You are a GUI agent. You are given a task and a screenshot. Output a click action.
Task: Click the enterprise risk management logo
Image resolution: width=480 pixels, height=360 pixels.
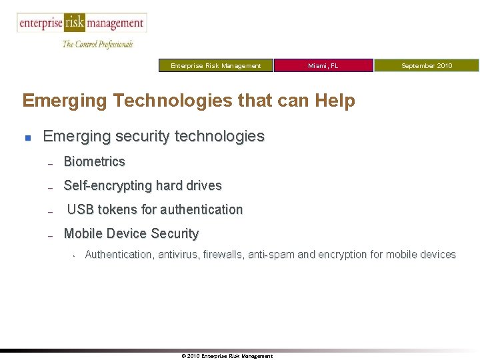pyautogui.click(x=81, y=23)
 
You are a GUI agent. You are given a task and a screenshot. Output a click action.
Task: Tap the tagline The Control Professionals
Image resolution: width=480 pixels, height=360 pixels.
pyautogui.click(x=97, y=45)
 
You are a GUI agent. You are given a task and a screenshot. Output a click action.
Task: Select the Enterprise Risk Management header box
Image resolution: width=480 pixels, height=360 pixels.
pyautogui.click(x=216, y=65)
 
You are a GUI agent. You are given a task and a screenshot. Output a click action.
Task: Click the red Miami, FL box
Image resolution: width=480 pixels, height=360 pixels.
pyautogui.click(x=323, y=65)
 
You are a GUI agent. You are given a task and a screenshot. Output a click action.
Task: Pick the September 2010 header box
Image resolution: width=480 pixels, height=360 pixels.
pyautogui.click(x=426, y=65)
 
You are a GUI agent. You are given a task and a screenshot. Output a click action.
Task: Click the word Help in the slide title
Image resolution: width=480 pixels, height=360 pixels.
pyautogui.click(x=336, y=101)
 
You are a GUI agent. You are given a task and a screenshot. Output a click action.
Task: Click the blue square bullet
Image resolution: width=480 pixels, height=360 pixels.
pyautogui.click(x=27, y=138)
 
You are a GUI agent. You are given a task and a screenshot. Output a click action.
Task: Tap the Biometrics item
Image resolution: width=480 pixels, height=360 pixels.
pyautogui.click(x=94, y=161)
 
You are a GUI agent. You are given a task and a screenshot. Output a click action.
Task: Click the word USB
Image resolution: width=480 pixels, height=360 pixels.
pyautogui.click(x=81, y=209)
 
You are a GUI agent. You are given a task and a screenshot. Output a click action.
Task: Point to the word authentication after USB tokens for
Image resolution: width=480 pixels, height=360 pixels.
pyautogui.click(x=197, y=209)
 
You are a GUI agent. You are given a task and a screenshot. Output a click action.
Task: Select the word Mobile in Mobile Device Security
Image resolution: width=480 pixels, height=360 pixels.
pyautogui.click(x=82, y=233)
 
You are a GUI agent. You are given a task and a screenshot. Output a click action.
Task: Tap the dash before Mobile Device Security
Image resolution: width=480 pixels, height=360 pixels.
pyautogui.click(x=50, y=235)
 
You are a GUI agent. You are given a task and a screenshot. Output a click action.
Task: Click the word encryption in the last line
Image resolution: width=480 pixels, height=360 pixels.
pyautogui.click(x=342, y=254)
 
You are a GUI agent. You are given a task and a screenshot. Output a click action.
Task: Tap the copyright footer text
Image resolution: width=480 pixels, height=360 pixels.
pyautogui.click(x=227, y=356)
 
